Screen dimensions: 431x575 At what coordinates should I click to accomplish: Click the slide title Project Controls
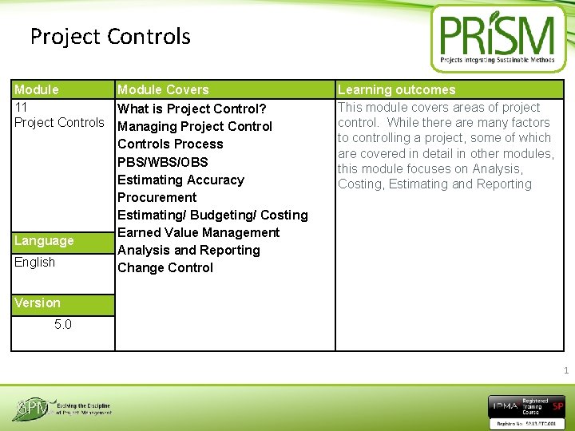(110, 37)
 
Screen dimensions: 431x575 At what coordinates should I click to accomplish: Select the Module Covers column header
(163, 90)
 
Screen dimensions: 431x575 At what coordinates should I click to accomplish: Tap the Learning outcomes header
(396, 90)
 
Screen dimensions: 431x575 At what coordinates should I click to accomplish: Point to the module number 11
(22, 107)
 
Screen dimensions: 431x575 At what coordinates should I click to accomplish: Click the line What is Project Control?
(192, 109)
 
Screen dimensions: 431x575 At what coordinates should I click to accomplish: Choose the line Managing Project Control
(195, 126)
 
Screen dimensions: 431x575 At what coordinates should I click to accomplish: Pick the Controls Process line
(170, 144)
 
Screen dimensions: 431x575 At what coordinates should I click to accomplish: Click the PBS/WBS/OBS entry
(163, 162)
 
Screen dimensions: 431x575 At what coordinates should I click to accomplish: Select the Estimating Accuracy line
(180, 180)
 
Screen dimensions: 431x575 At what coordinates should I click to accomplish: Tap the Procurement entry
(157, 197)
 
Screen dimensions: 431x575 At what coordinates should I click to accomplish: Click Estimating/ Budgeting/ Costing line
(212, 215)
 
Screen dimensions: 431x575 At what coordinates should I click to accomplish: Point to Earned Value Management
(198, 232)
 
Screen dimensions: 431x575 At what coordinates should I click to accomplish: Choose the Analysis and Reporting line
(188, 250)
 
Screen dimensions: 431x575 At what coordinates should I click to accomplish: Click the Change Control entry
(165, 267)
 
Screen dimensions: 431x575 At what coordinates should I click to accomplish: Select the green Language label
(44, 241)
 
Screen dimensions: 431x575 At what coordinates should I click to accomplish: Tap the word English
(35, 263)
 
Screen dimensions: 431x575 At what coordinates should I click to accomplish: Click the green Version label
(38, 303)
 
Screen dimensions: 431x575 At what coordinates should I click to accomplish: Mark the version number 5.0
(63, 325)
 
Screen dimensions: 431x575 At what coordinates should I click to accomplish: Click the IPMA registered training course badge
(526, 408)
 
